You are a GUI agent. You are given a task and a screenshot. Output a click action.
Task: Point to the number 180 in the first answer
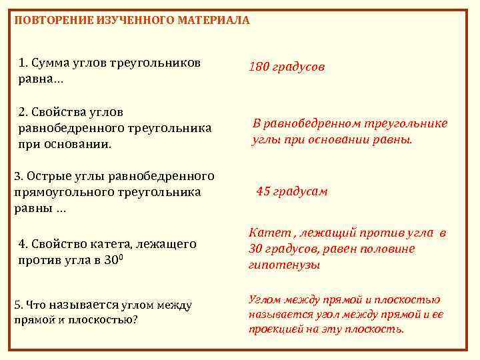click(x=259, y=67)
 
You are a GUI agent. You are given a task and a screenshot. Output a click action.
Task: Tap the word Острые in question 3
click(x=47, y=177)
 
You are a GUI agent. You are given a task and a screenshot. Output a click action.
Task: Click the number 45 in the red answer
click(x=263, y=191)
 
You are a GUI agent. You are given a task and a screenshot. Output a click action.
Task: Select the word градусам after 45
click(x=301, y=192)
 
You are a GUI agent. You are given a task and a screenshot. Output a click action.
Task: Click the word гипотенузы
click(x=284, y=265)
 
